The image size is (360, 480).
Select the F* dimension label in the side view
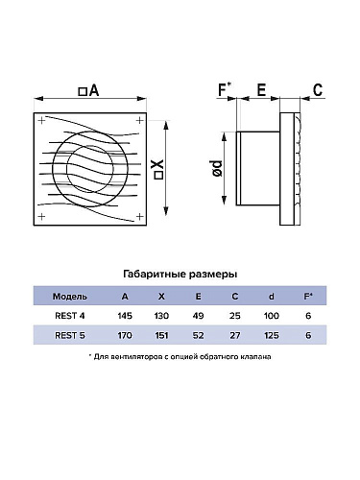pyautogui.click(x=226, y=89)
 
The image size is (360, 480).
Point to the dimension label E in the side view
pyautogui.click(x=261, y=90)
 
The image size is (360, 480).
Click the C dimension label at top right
pyautogui.click(x=318, y=90)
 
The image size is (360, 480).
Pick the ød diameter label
pyautogui.click(x=217, y=168)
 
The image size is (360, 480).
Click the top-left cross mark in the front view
pyautogui.click(x=41, y=120)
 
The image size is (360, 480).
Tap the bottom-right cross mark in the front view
pyautogui.click(x=140, y=217)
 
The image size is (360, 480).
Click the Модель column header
pyautogui.click(x=70, y=297)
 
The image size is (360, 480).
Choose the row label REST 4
pyautogui.click(x=70, y=316)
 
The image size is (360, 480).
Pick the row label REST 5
pyautogui.click(x=70, y=335)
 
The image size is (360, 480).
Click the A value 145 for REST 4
pyautogui.click(x=125, y=316)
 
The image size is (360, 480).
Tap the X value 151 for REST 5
pyautogui.click(x=161, y=335)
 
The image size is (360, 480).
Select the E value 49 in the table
pyautogui.click(x=199, y=316)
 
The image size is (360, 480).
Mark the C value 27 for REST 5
pyautogui.click(x=235, y=335)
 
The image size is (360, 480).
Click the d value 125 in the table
pyautogui.click(x=272, y=335)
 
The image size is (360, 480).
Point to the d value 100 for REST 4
pyautogui.click(x=272, y=316)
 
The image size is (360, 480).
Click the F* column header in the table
pyautogui.click(x=308, y=297)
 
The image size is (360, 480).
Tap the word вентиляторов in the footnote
pyautogui.click(x=136, y=357)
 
